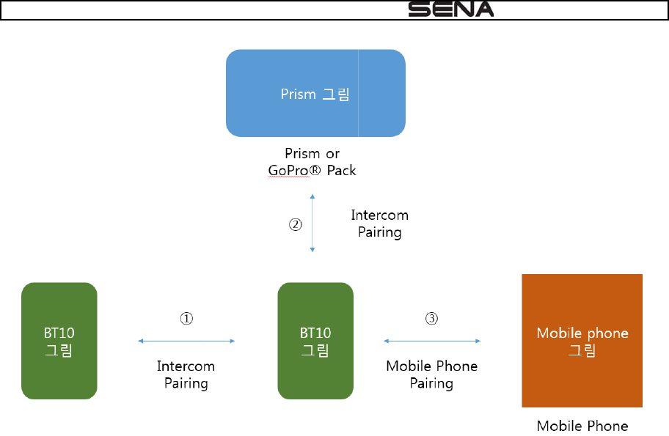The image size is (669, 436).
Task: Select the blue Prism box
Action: [315, 93]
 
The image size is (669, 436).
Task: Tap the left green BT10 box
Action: [59, 341]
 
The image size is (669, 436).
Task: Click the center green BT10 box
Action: [315, 341]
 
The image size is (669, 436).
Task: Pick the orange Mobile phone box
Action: [582, 341]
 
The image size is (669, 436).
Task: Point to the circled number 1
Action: [187, 319]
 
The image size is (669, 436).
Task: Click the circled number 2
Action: [295, 225]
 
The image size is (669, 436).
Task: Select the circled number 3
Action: [431, 319]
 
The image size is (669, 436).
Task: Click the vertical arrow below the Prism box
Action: [313, 224]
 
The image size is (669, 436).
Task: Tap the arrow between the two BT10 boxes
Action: [186, 341]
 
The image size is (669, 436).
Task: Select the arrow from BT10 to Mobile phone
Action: [432, 341]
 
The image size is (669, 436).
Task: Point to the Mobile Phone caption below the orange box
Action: [582, 426]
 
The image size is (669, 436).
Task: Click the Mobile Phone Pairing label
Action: [431, 374]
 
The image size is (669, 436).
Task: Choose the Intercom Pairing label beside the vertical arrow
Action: [379, 223]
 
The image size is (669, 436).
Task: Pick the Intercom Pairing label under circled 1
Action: [186, 374]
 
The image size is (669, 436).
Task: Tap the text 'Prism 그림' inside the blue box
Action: [315, 94]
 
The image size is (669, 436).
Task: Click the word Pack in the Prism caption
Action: [342, 170]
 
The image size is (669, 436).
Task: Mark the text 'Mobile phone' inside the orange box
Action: [582, 333]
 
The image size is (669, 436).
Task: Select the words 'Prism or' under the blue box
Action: [312, 154]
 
